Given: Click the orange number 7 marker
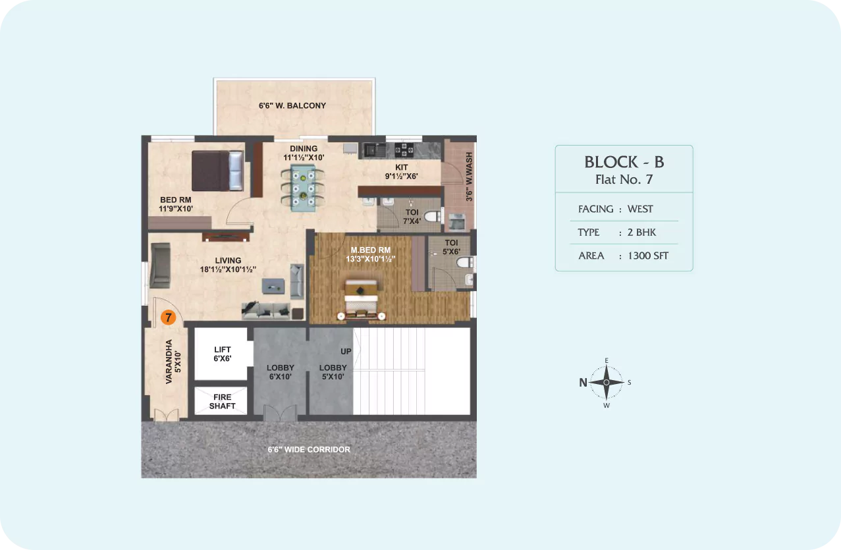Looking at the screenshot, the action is click(x=168, y=317).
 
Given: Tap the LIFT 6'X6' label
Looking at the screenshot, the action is click(x=222, y=354).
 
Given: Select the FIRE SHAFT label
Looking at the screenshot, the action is click(x=222, y=401).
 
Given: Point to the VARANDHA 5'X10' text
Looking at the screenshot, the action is click(x=173, y=362).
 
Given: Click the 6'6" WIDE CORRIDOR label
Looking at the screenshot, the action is click(x=309, y=449).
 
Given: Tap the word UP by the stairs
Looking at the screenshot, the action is click(x=346, y=351).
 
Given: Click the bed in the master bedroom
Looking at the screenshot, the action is click(x=361, y=300).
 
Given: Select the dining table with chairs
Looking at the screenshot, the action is click(x=303, y=188).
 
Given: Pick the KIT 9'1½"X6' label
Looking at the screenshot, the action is click(x=401, y=171).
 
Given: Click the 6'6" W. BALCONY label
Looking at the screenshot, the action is click(x=292, y=105).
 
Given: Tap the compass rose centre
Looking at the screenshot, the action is click(x=607, y=382).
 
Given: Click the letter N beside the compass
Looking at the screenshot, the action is click(x=583, y=383).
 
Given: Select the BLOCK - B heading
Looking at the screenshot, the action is click(x=624, y=162).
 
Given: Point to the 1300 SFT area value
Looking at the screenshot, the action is click(x=648, y=256).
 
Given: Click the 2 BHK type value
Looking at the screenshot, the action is click(x=641, y=233).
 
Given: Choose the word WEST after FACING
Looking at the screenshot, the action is click(x=640, y=209).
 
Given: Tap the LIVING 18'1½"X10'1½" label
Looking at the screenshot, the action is click(x=228, y=265).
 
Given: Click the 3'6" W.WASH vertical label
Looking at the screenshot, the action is click(x=469, y=177).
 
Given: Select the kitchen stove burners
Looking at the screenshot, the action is click(x=404, y=150).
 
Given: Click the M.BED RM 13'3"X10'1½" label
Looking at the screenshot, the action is click(x=371, y=254).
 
